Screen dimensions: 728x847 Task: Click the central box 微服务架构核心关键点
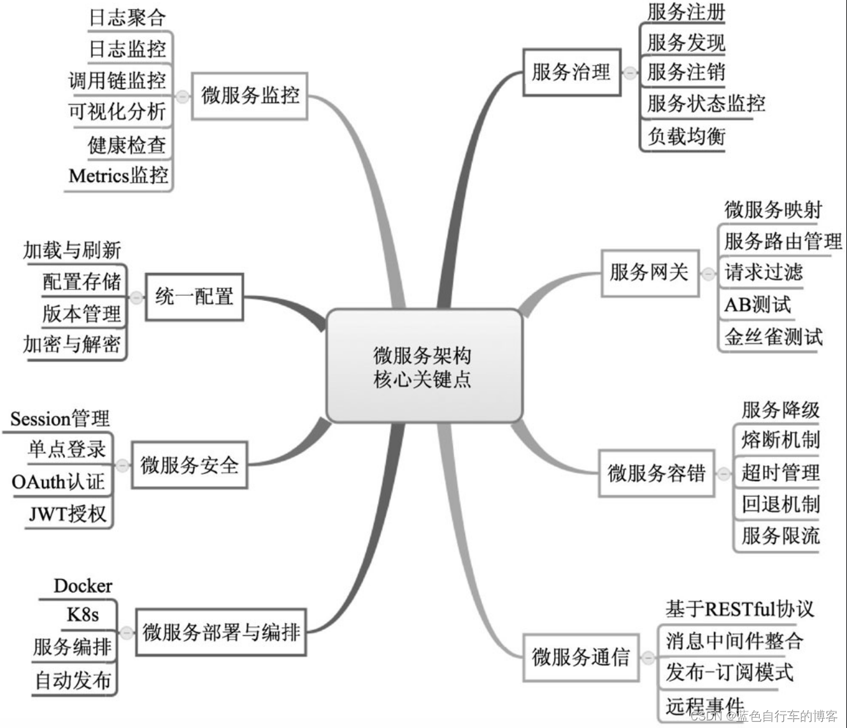[x=423, y=366]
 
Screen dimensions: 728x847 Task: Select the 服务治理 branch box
[x=571, y=73]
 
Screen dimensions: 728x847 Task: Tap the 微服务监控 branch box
[x=250, y=95]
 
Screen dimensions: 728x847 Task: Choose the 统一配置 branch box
[x=194, y=297]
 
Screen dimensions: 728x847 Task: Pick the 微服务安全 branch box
[x=189, y=465]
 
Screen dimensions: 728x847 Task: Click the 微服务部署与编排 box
[x=221, y=633]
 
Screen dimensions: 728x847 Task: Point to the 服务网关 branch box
[x=649, y=272]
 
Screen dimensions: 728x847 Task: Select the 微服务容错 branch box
[x=656, y=473]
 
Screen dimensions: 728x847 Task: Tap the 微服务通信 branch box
[x=580, y=656]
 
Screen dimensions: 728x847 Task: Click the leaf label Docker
[x=83, y=586]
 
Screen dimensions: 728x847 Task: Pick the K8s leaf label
[x=83, y=615]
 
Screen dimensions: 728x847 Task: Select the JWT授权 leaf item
[x=68, y=514]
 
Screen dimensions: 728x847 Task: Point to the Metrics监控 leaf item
[x=118, y=175]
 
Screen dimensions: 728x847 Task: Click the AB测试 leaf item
[x=757, y=305]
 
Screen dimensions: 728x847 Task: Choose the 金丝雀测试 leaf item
[x=773, y=337]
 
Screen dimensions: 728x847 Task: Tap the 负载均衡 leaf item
[x=687, y=136]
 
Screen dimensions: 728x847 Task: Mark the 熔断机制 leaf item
[x=780, y=440]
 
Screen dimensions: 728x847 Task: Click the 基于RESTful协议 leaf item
[x=739, y=609]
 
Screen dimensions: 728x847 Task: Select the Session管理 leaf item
[x=60, y=419]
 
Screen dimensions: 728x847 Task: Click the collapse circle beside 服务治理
[x=630, y=73]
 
